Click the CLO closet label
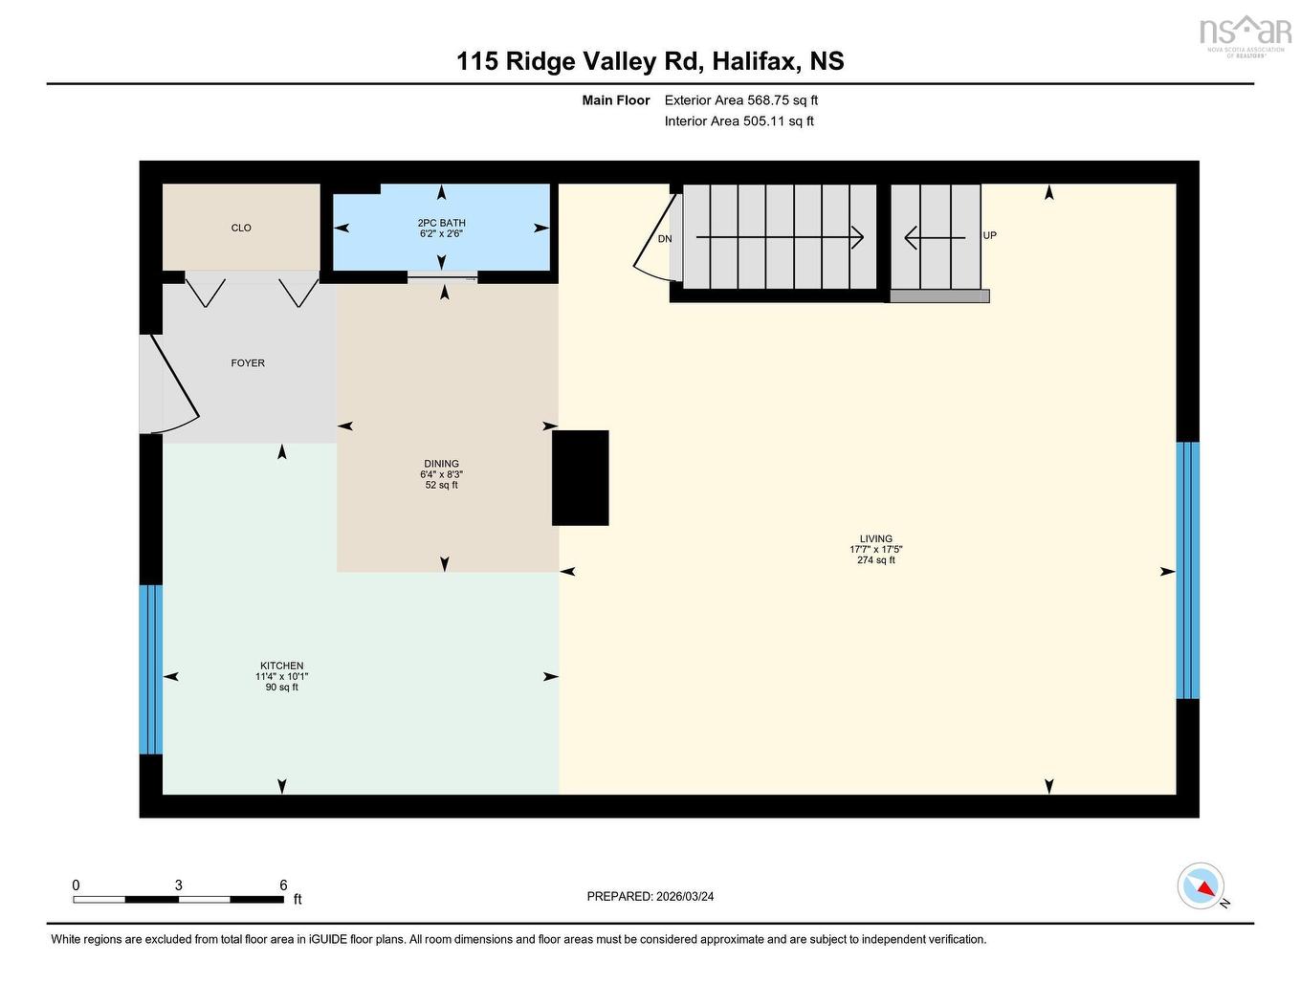241,228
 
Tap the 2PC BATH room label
441,223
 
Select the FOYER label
248,363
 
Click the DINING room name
442,464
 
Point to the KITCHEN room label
282,666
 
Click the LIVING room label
875,538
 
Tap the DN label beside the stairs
665,239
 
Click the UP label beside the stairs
990,235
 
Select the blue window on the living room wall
1187,570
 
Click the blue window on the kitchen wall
151,669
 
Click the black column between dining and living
581,478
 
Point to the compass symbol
1202,886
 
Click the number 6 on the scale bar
283,885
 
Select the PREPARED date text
650,897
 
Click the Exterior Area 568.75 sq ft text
741,100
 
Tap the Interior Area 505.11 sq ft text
739,121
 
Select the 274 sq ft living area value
875,560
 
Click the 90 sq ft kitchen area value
282,688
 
